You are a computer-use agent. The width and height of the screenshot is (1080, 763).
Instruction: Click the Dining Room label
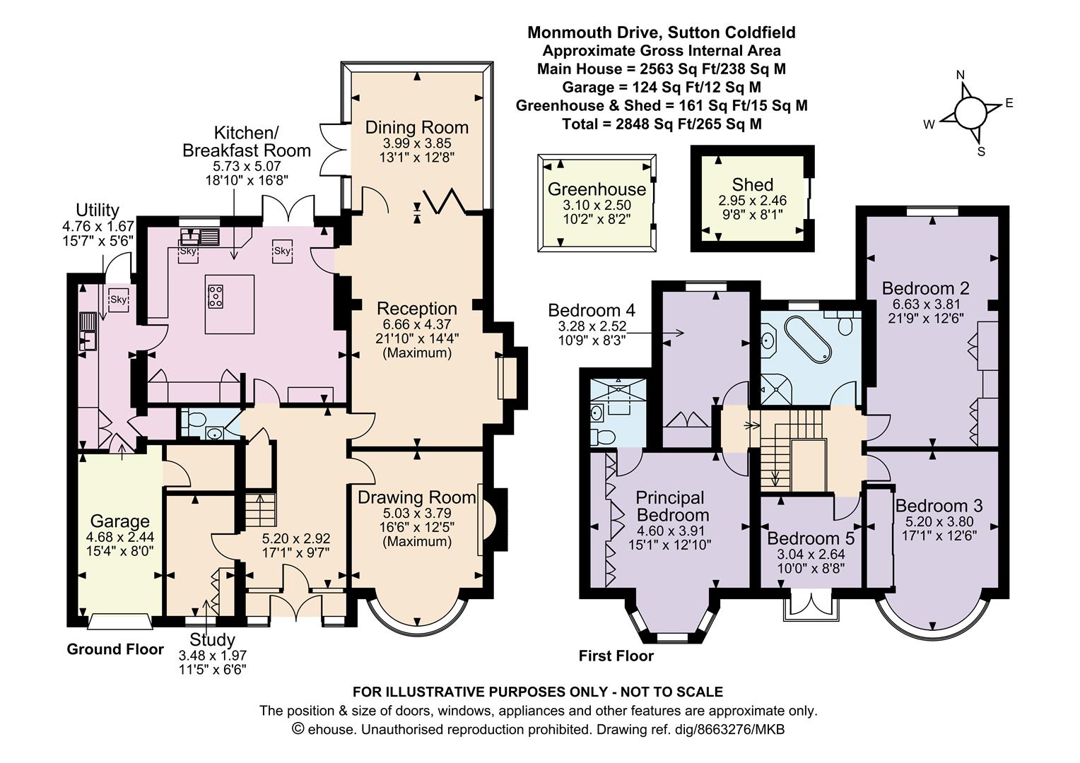point(416,127)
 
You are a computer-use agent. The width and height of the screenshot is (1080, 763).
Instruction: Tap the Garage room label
point(119,521)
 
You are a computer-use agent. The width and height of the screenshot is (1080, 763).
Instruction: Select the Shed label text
point(752,184)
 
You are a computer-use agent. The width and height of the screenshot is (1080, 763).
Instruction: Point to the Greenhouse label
point(597,189)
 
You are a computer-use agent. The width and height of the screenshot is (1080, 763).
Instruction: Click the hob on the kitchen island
point(215,297)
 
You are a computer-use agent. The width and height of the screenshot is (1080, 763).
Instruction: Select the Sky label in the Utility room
point(118,300)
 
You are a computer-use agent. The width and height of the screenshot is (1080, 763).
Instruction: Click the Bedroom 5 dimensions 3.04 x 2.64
point(811,555)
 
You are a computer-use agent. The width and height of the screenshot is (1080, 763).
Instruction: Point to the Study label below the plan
point(212,639)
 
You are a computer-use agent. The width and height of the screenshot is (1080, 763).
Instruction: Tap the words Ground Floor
point(115,649)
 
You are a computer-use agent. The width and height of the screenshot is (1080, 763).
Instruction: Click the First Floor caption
point(616,656)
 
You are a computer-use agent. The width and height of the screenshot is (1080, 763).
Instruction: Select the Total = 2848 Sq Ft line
point(662,124)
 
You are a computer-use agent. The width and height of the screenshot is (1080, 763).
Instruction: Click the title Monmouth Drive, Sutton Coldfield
point(662,32)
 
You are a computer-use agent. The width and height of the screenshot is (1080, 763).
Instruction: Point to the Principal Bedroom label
point(672,506)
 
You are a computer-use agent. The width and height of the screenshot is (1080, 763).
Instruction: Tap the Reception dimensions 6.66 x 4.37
point(416,325)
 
